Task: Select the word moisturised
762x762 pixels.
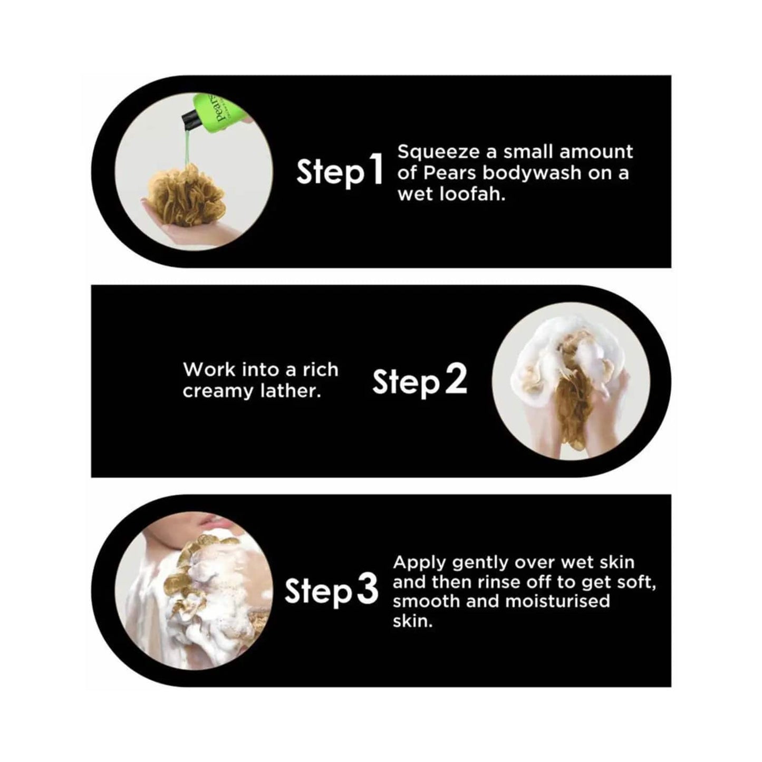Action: pos(557,601)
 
